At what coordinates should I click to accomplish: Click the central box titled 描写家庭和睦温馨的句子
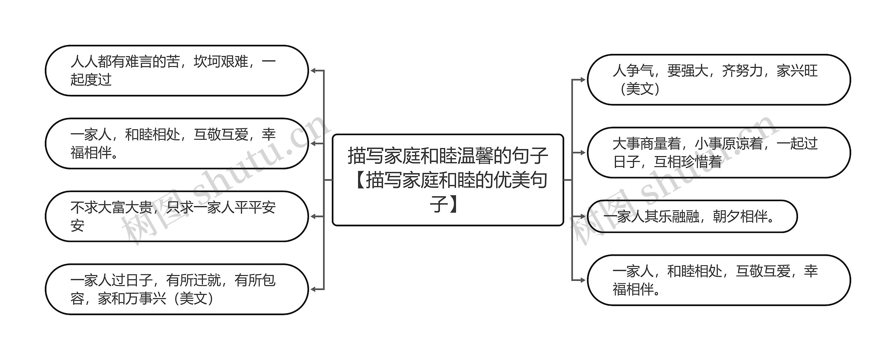tap(448, 180)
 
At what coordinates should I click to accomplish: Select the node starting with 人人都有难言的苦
tap(176, 70)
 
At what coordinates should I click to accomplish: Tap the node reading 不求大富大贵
tap(176, 216)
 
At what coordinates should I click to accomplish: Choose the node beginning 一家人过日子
tap(176, 289)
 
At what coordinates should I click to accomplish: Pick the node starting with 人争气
tap(719, 80)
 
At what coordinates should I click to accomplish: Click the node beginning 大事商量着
tap(719, 153)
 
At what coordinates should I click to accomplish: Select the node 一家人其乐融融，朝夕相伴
tap(692, 217)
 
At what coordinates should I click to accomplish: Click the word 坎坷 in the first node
tap(207, 62)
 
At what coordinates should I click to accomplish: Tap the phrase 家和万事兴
tap(132, 299)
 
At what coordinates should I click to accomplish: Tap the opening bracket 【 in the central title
tap(357, 180)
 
